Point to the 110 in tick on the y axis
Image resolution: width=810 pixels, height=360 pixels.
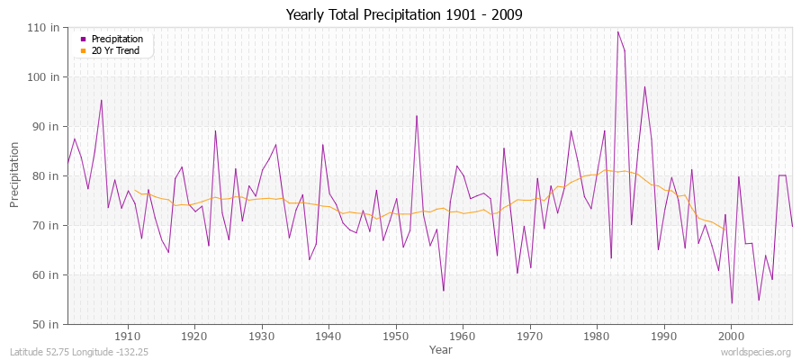pyautogui.click(x=48, y=27)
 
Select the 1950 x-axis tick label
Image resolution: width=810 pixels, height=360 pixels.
pyautogui.click(x=395, y=336)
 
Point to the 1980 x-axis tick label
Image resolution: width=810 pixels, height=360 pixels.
pyautogui.click(x=596, y=336)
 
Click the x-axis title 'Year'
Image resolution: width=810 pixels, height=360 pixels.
pyautogui.click(x=441, y=348)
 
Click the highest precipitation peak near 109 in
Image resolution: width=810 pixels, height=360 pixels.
pyautogui.click(x=617, y=31)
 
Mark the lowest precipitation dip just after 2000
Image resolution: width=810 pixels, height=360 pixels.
pyautogui.click(x=732, y=302)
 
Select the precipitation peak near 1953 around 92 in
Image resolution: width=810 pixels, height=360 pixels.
pyautogui.click(x=416, y=115)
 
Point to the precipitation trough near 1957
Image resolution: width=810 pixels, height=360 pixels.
pyautogui.click(x=443, y=290)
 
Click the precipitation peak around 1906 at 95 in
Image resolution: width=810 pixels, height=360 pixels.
pyautogui.click(x=101, y=100)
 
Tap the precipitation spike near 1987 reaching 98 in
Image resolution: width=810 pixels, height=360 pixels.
pyautogui.click(x=644, y=86)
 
